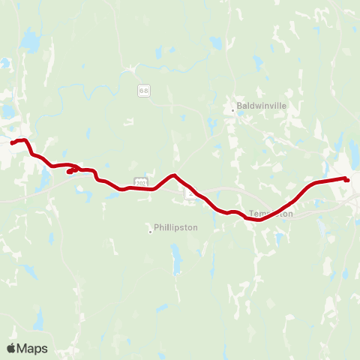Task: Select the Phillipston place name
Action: pos(175,227)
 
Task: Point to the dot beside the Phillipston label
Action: pos(150,230)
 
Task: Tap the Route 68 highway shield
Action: pos(143,91)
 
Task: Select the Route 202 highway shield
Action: pos(140,182)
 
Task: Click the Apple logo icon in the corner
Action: pos(12,348)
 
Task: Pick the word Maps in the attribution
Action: pos(32,348)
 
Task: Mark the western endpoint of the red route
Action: pos(13,142)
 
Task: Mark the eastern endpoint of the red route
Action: pos(347,179)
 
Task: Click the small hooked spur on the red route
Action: pos(70,172)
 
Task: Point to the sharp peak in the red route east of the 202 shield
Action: pos(173,175)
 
